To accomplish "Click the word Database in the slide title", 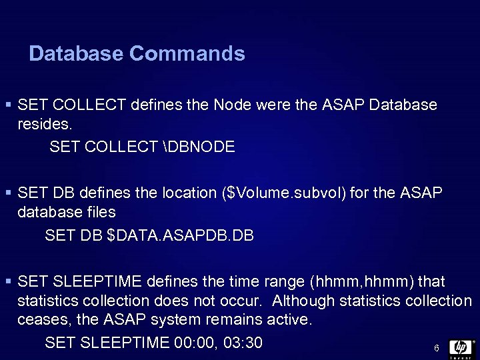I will pos(72,53).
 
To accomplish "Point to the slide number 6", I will pos(435,349).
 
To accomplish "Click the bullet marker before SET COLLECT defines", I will pos(8,105).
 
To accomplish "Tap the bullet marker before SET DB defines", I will pos(8,194).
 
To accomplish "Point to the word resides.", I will pos(45,125).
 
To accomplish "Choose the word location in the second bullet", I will pos(187,194).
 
